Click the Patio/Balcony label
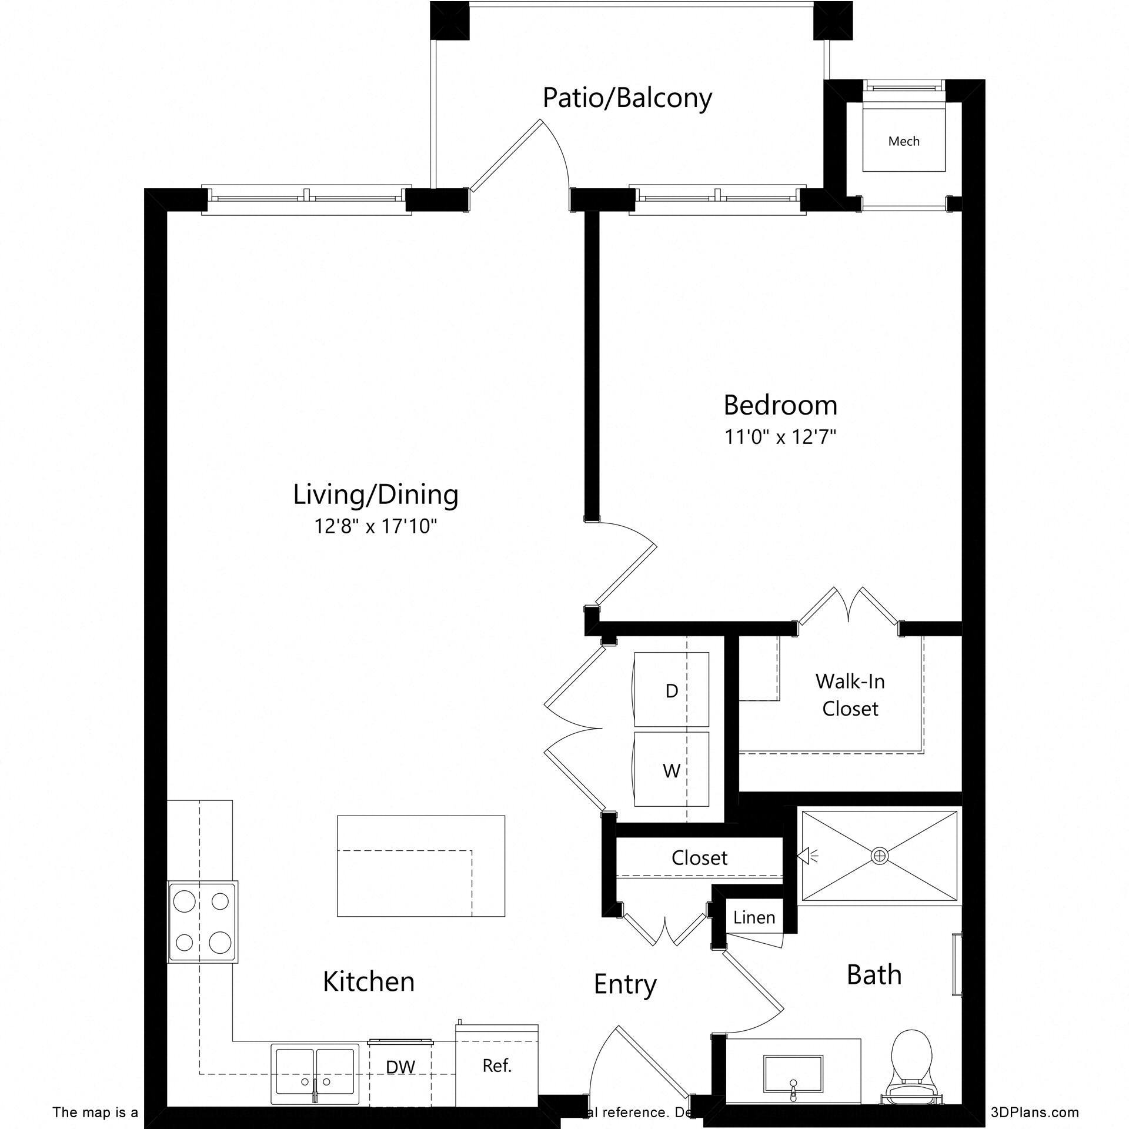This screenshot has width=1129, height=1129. pyautogui.click(x=627, y=98)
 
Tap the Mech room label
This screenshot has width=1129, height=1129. pyautogui.click(x=904, y=141)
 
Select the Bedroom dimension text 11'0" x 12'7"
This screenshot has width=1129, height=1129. pyautogui.click(x=780, y=437)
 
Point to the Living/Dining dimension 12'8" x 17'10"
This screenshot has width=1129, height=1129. pyautogui.click(x=376, y=526)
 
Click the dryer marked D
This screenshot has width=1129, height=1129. pyautogui.click(x=672, y=691)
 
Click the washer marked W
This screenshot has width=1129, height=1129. pyautogui.click(x=672, y=770)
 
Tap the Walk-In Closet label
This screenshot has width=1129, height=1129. pyautogui.click(x=850, y=694)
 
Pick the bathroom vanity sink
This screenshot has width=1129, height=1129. pyautogui.click(x=793, y=1080)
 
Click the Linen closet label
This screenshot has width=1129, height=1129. pyautogui.click(x=754, y=917)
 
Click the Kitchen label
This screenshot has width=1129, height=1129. pyautogui.click(x=369, y=981)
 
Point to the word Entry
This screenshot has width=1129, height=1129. pyautogui.click(x=625, y=984)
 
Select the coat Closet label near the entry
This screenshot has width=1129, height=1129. pyautogui.click(x=699, y=858)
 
